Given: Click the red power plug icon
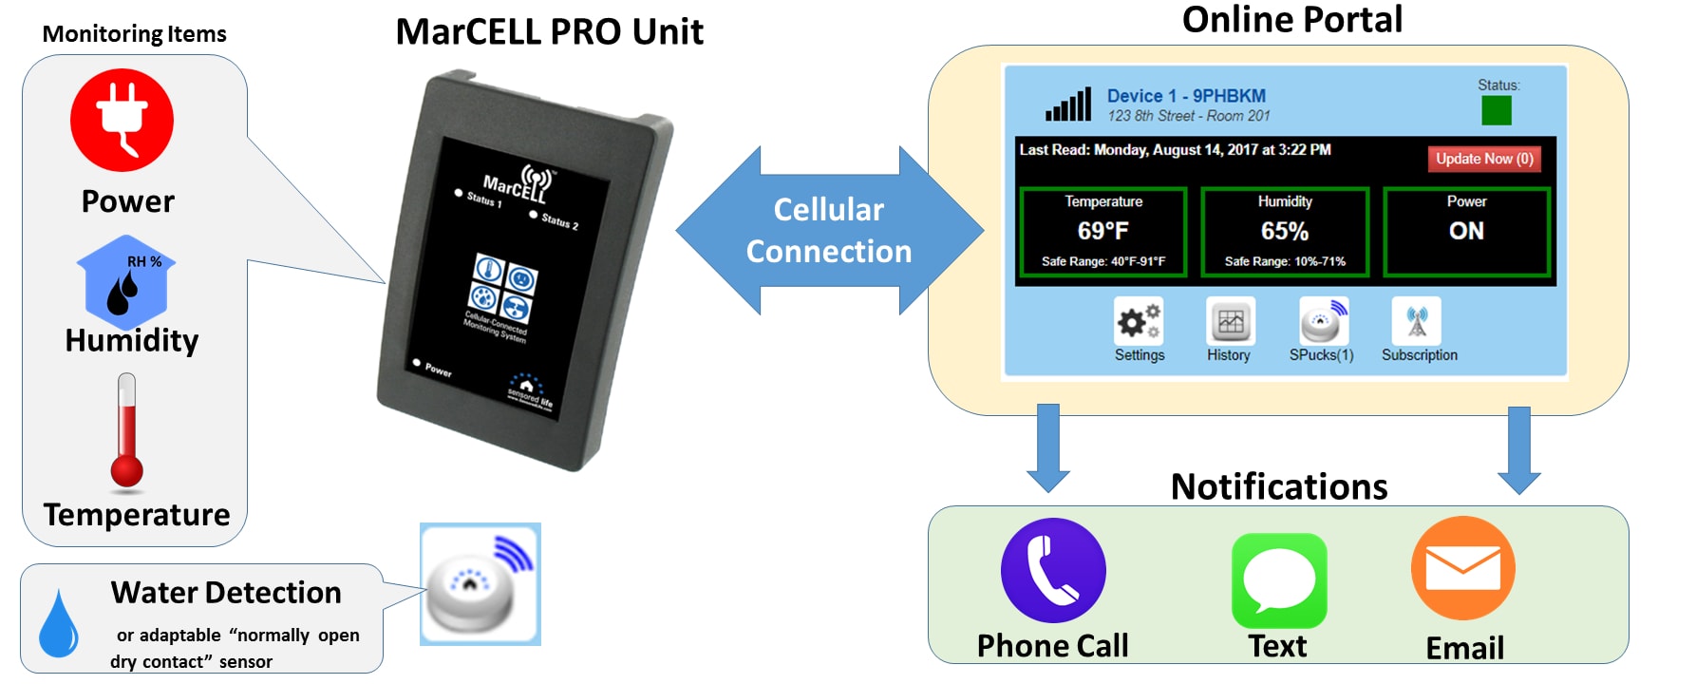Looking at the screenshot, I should click(x=122, y=120).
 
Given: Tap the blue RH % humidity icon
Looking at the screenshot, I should click(x=126, y=282).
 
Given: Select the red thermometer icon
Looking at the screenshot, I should click(x=126, y=432).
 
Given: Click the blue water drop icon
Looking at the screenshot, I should click(x=58, y=623).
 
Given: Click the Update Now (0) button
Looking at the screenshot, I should click(x=1483, y=159).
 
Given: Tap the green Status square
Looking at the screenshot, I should click(x=1497, y=111).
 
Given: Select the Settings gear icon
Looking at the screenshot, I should click(x=1138, y=321).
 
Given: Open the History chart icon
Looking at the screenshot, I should click(x=1230, y=321).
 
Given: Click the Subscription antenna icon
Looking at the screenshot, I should click(x=1416, y=321).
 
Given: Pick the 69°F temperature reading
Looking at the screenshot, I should click(x=1102, y=231).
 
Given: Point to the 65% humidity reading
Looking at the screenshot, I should click(x=1284, y=231).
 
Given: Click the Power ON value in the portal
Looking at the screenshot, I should click(x=1466, y=231).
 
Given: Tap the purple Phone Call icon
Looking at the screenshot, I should click(x=1053, y=570).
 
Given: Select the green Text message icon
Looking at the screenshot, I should click(x=1278, y=579).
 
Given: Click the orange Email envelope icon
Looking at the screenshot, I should click(x=1462, y=568).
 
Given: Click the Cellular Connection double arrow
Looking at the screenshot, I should click(x=829, y=230).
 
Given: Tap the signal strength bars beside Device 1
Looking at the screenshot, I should click(x=1068, y=104).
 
